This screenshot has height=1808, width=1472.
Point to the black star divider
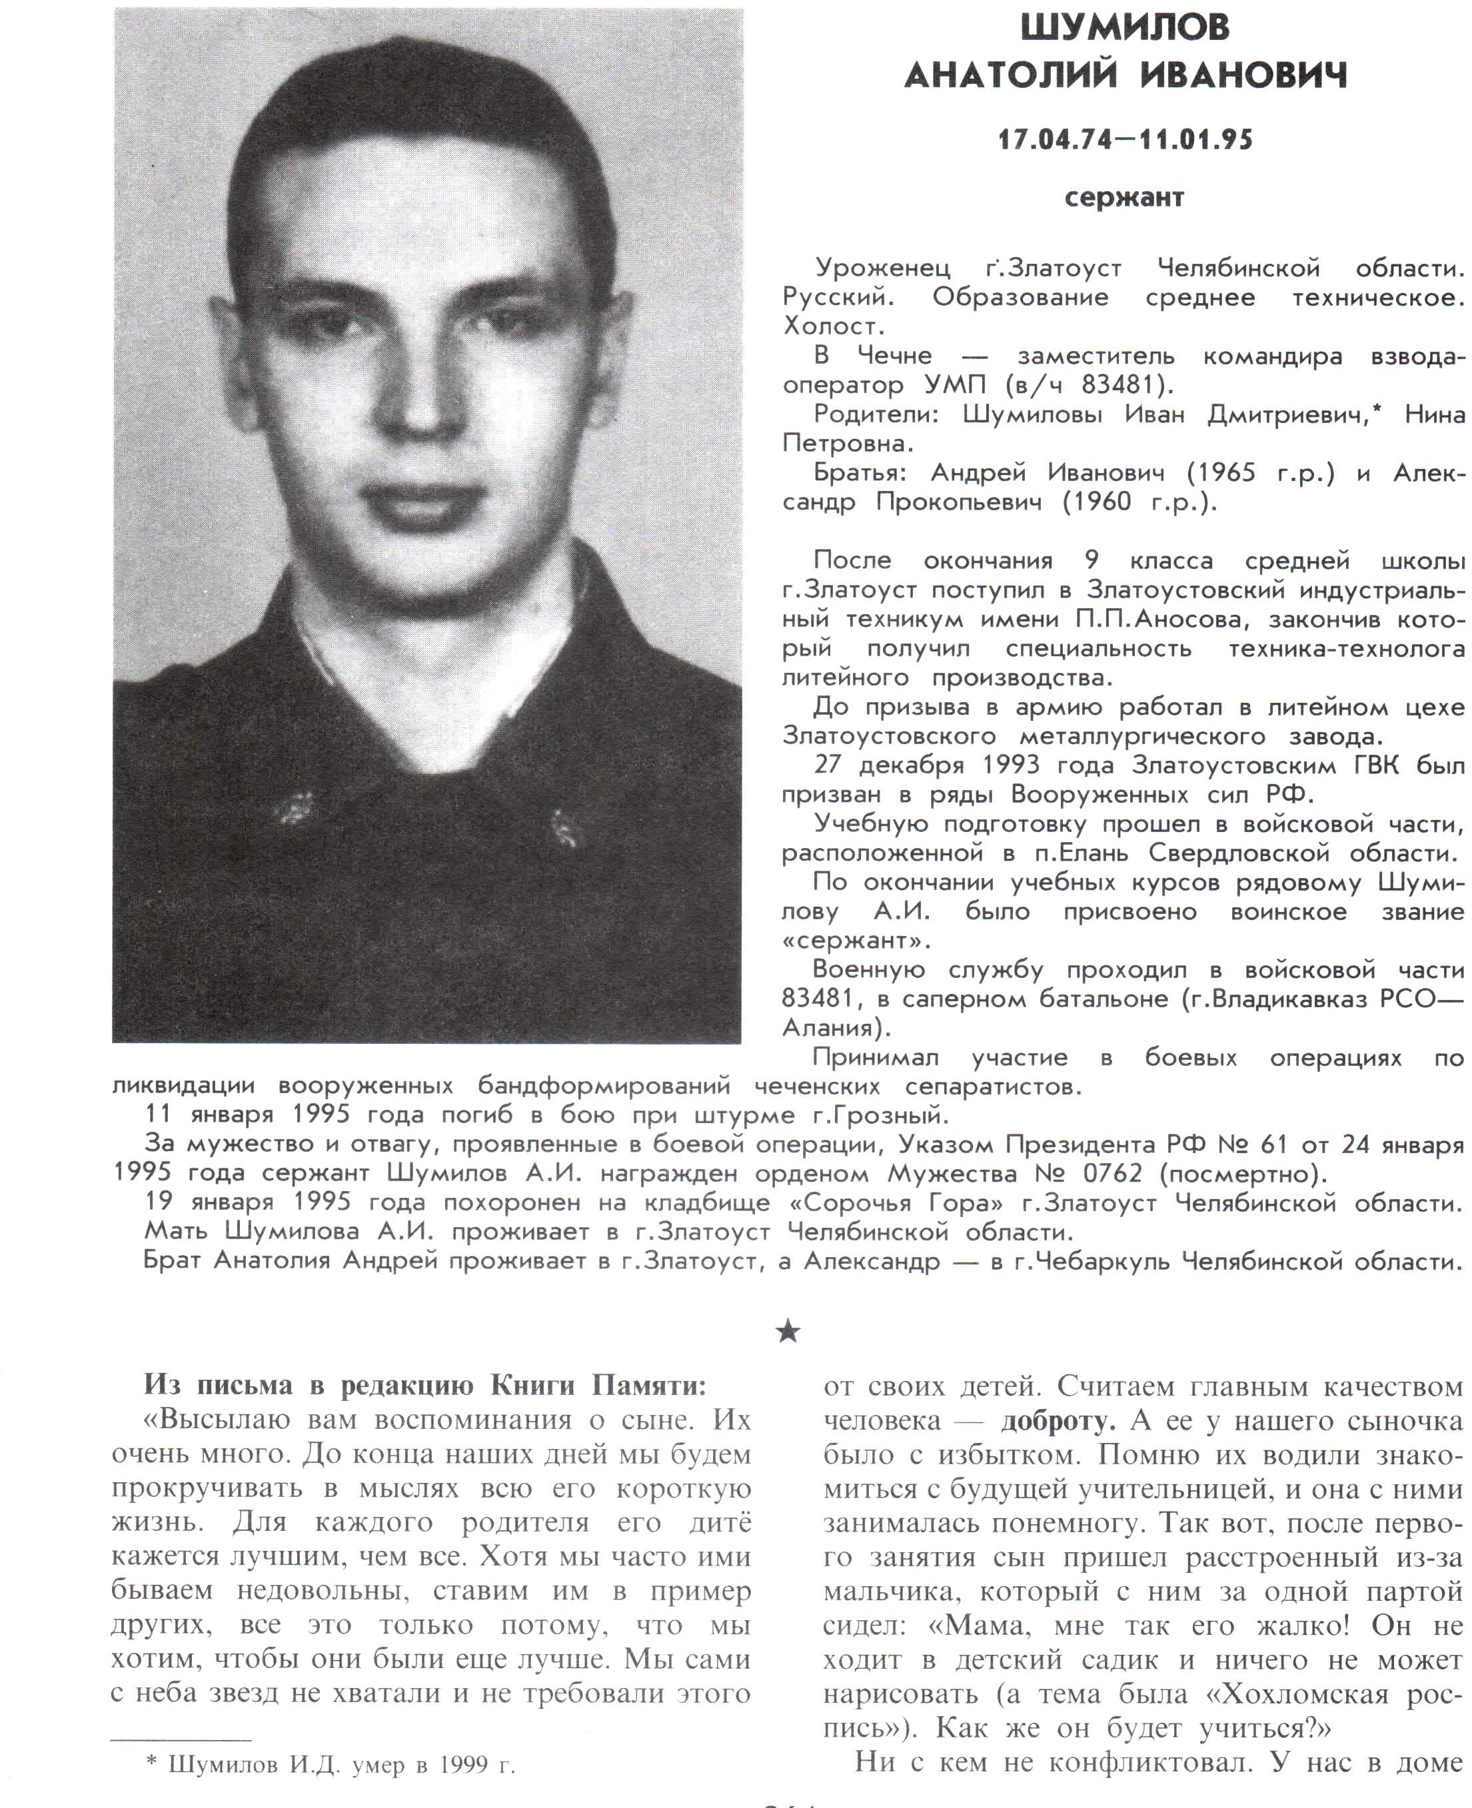pyautogui.click(x=788, y=1332)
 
